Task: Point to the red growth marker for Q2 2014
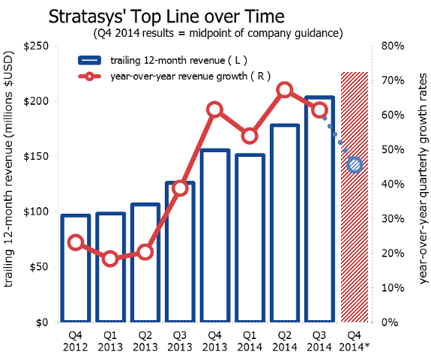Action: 285,91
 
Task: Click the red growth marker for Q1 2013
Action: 110,259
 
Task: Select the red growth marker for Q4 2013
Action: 214,109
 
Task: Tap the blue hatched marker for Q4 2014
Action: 355,164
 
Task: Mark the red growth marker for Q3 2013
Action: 180,187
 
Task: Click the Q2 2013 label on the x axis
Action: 145,341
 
